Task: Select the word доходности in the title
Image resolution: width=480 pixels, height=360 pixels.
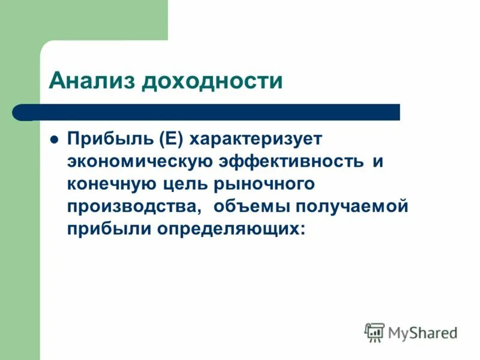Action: click(x=211, y=80)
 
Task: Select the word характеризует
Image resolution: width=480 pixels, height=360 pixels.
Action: click(x=256, y=139)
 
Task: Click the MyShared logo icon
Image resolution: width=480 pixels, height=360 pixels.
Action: click(x=374, y=332)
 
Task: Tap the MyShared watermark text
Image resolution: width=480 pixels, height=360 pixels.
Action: click(x=422, y=332)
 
